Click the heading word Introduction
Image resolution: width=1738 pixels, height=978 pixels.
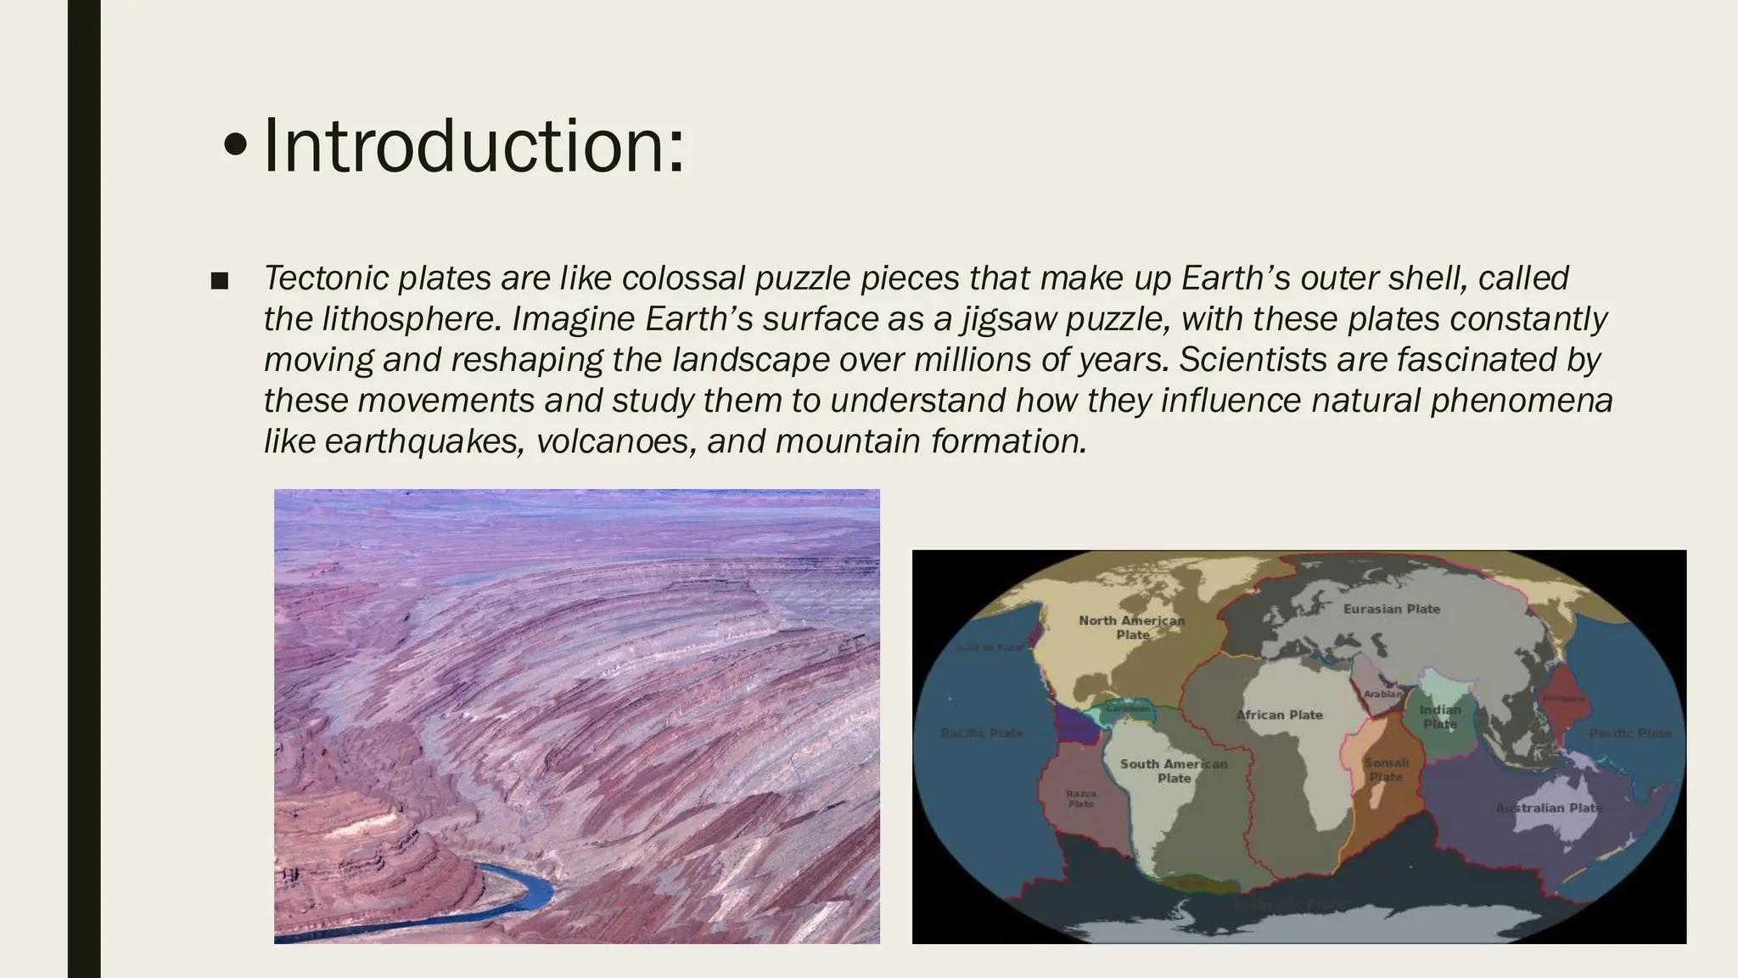pos(473,147)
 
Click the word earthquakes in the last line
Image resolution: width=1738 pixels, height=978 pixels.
pos(423,441)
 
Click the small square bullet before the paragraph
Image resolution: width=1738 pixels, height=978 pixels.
pos(219,281)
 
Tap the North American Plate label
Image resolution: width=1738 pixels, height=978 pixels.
pos(1131,627)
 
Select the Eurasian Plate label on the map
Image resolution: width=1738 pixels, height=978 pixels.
pos(1392,609)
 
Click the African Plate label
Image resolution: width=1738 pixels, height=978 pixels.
pos(1279,715)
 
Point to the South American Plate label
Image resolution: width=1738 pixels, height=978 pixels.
pos(1174,771)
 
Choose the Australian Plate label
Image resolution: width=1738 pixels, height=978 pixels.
pos(1549,807)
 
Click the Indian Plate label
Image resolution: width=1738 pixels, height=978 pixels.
pos(1440,717)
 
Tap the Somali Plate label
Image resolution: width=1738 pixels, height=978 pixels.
pos(1386,769)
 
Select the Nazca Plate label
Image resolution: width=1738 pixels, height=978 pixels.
pos(1080,799)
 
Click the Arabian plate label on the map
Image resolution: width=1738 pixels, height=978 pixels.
pos(1382,694)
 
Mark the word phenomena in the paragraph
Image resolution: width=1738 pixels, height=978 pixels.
pos(1521,401)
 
